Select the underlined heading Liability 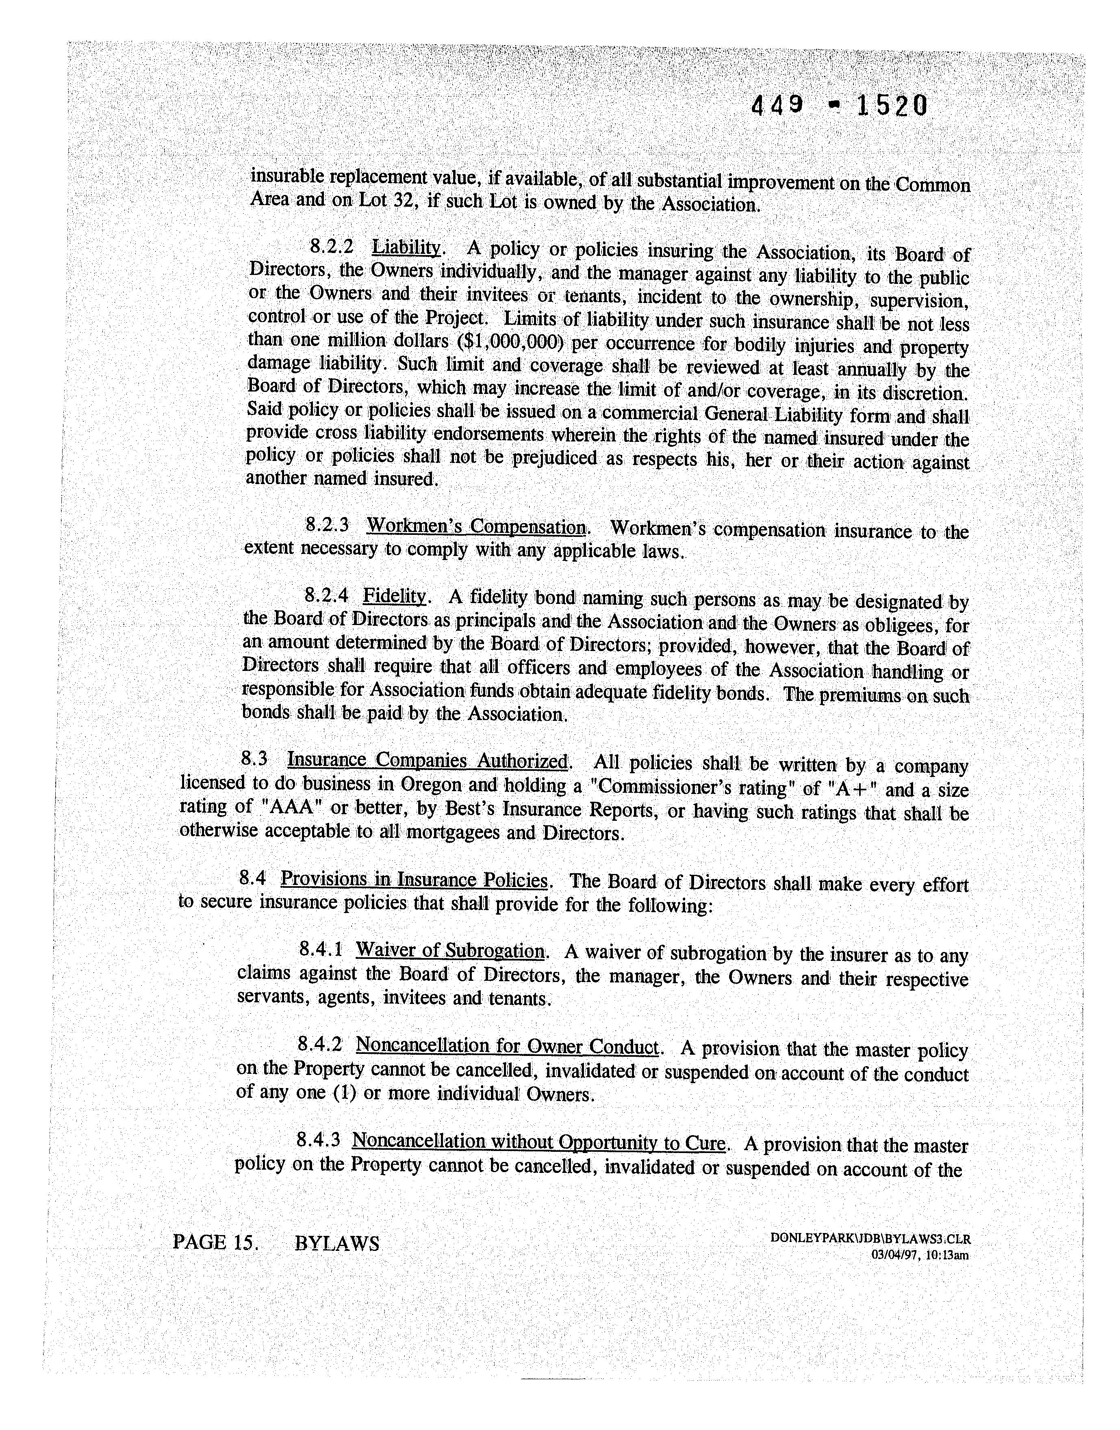[x=406, y=248]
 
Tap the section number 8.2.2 [x=332, y=247]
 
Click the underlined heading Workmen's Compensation [x=476, y=526]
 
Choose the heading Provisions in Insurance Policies [x=414, y=880]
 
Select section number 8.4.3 [x=318, y=1141]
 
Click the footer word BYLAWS [x=337, y=1243]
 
